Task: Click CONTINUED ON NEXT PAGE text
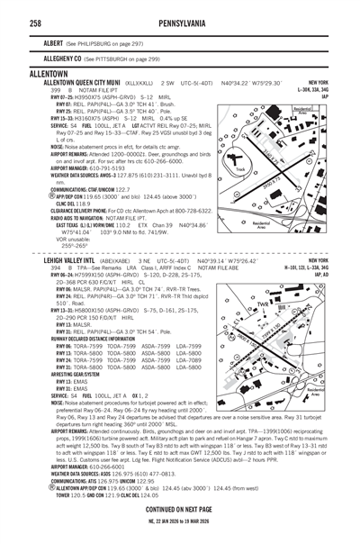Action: point(179,510)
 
